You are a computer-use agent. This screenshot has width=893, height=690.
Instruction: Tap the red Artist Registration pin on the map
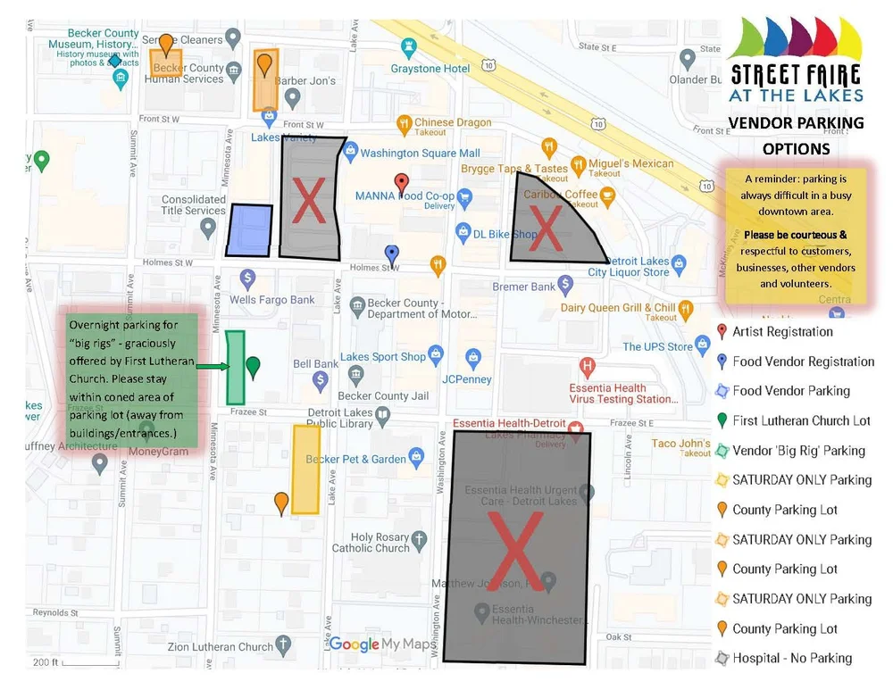tap(402, 184)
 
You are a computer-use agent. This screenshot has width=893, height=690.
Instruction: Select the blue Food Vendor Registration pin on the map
tap(391, 255)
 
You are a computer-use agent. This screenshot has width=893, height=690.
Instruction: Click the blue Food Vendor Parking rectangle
tap(248, 230)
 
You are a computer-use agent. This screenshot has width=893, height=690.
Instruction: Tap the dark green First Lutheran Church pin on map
tap(253, 366)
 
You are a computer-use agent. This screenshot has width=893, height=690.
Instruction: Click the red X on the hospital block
tap(515, 549)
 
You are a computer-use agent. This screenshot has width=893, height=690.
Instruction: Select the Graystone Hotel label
tap(430, 68)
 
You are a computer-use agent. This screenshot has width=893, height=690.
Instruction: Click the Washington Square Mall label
tap(420, 154)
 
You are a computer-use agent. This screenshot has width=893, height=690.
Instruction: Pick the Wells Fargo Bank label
tap(272, 300)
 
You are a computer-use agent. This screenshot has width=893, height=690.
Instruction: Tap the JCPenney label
tap(467, 378)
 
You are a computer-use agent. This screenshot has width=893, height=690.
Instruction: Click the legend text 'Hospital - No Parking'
tap(792, 659)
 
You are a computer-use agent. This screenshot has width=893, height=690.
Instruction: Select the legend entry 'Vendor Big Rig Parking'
tap(798, 451)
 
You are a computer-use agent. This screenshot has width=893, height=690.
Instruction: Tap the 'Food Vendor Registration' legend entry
tap(803, 362)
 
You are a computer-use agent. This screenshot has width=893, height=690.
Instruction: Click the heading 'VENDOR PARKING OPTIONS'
tap(796, 135)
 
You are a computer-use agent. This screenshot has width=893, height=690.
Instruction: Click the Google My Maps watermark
tap(380, 644)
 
